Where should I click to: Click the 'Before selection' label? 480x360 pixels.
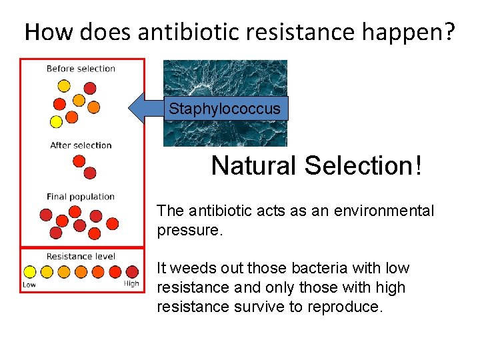click(x=81, y=69)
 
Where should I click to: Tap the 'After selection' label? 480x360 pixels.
click(x=81, y=145)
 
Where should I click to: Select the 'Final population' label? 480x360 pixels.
click(x=81, y=197)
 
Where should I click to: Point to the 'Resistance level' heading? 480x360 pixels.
click(x=81, y=256)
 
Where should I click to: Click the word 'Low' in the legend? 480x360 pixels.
click(x=29, y=284)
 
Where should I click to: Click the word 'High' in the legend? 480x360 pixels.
click(x=131, y=284)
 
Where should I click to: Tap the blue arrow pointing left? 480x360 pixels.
click(x=143, y=109)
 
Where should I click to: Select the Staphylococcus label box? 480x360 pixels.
click(x=225, y=109)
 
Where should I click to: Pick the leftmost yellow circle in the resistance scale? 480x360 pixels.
click(x=29, y=271)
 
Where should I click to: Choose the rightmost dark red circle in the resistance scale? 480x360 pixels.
click(x=132, y=271)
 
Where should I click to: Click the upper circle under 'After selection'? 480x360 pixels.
click(x=79, y=161)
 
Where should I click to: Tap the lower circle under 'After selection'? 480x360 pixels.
click(x=90, y=173)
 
